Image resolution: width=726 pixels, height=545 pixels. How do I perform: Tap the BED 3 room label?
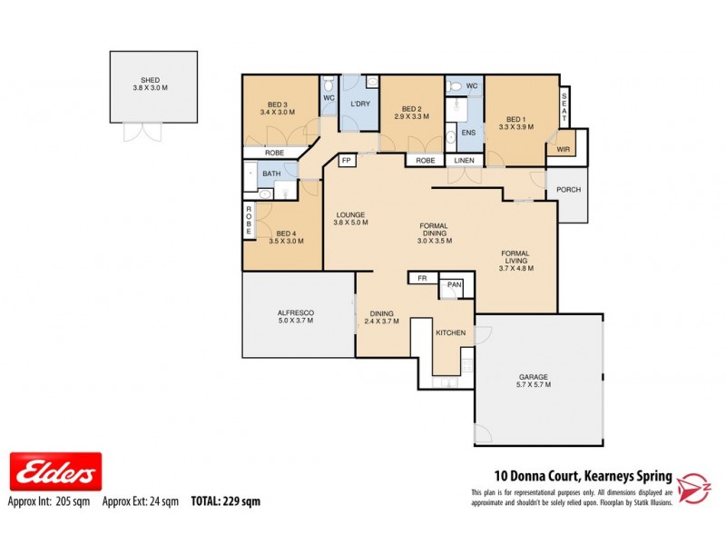tap(278, 106)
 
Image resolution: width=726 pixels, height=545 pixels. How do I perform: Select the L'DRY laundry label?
tap(359, 104)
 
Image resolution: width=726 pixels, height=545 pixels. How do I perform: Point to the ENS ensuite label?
tap(468, 134)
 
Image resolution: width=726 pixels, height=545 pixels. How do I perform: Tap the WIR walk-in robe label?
tap(563, 149)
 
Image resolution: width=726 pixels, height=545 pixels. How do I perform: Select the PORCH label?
tap(569, 190)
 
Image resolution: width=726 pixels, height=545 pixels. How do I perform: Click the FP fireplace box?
tap(346, 161)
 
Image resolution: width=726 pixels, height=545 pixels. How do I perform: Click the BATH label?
tap(271, 173)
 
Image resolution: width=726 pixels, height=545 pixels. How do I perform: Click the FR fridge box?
tap(422, 279)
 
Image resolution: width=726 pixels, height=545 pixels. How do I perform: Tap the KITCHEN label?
tap(450, 333)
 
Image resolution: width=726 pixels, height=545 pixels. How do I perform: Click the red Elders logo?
tap(55, 471)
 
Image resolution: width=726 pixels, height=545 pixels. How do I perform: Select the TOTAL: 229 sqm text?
tap(225, 500)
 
